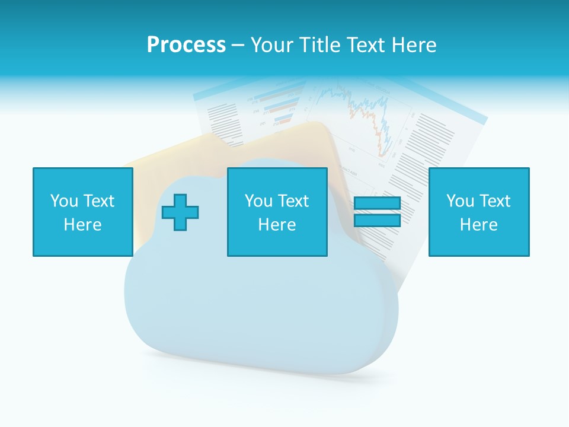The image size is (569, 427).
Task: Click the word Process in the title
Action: point(186,45)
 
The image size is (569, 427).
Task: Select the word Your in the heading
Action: point(271,45)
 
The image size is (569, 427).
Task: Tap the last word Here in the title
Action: point(415,45)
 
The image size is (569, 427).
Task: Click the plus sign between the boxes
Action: point(180,212)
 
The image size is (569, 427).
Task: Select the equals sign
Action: point(377,212)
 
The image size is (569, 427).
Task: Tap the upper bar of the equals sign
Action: point(377,203)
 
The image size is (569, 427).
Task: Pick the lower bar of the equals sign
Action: point(377,220)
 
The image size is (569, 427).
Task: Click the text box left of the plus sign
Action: point(82,212)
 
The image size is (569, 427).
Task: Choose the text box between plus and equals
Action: point(277,212)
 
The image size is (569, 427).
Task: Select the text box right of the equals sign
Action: point(478,212)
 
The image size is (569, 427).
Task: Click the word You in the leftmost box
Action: point(64,201)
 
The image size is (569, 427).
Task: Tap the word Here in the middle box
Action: point(277,225)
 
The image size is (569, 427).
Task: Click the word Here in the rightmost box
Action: point(478,225)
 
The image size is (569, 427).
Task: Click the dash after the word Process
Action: point(238,45)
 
